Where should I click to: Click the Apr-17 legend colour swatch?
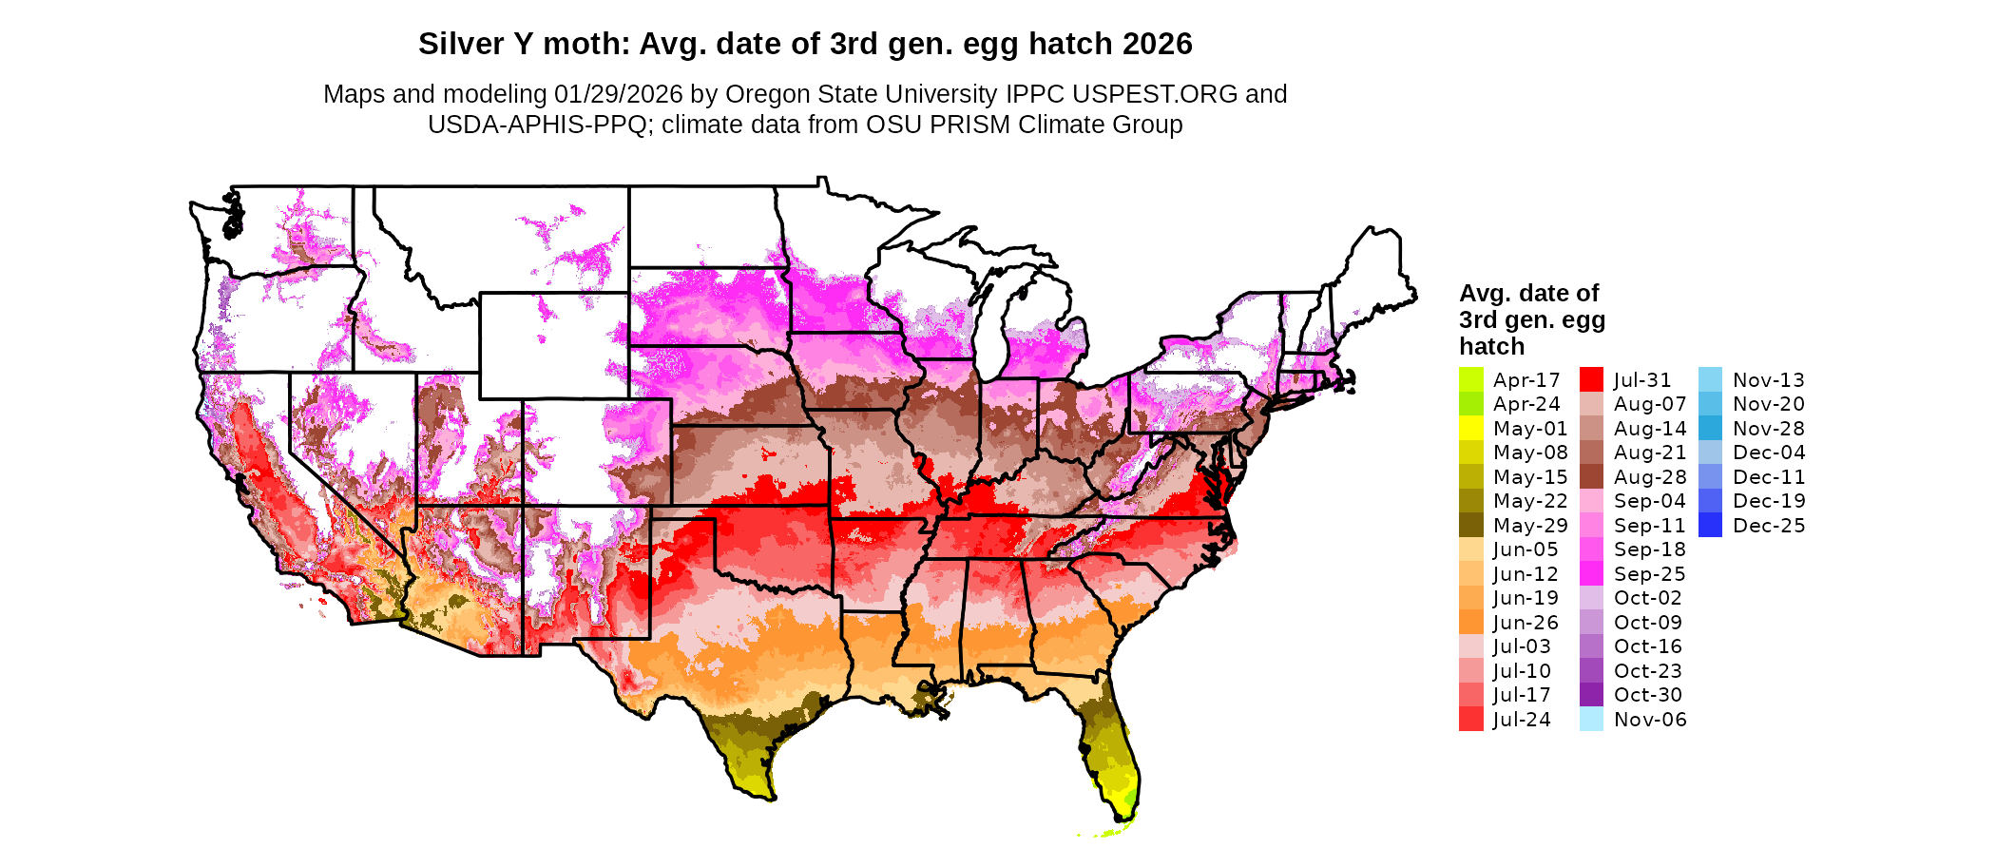pyautogui.click(x=1470, y=379)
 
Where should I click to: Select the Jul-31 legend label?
pyautogui.click(x=1641, y=379)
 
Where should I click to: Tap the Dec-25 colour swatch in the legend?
pyautogui.click(x=1710, y=525)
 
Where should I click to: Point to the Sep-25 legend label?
pyautogui.click(x=1649, y=573)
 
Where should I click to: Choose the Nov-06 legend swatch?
pyautogui.click(x=1591, y=719)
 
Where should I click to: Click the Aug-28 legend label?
pyautogui.click(x=1649, y=476)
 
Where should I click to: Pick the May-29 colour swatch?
pyautogui.click(x=1470, y=525)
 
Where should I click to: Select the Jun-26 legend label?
pyautogui.click(x=1526, y=622)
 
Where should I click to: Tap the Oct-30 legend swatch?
pyautogui.click(x=1591, y=695)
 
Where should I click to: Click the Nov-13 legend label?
pyautogui.click(x=1768, y=379)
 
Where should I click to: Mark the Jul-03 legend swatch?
pyautogui.click(x=1470, y=646)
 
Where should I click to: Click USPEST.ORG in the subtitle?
pyautogui.click(x=1155, y=94)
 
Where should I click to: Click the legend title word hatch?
pyautogui.click(x=1491, y=346)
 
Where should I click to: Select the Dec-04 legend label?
pyautogui.click(x=1768, y=453)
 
